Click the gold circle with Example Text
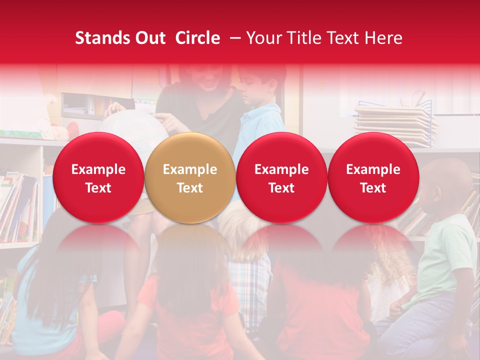coord(189,178)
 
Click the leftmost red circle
coord(98,178)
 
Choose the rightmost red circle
coord(373,178)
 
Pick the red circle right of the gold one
coord(281,178)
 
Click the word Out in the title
coord(150,38)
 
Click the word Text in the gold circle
coord(190,188)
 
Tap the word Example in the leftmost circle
coord(98,169)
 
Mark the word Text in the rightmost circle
coord(373,188)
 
